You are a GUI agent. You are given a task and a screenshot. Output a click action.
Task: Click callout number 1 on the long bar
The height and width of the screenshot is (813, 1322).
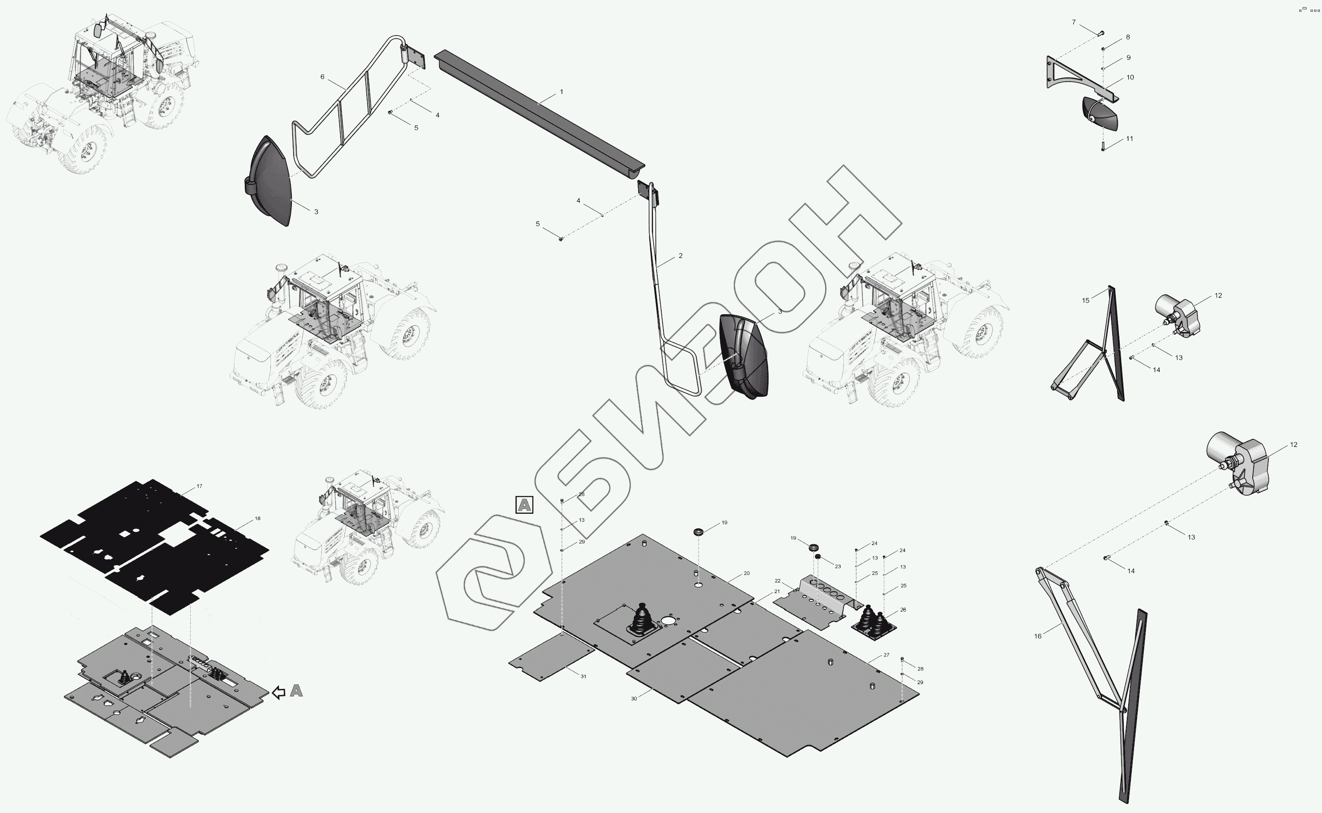[561, 92]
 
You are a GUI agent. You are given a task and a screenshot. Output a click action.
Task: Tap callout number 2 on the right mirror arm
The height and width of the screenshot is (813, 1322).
[680, 256]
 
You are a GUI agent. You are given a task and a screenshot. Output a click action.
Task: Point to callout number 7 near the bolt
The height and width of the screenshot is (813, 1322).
[1074, 23]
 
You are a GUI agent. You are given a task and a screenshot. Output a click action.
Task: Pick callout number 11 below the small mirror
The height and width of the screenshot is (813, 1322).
[1130, 139]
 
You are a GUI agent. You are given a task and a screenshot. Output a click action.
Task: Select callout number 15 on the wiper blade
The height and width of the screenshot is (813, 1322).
[1085, 301]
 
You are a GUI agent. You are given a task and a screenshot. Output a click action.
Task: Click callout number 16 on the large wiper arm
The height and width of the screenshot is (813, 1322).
[1037, 636]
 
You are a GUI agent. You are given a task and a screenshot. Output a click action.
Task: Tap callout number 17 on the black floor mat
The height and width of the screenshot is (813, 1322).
[200, 486]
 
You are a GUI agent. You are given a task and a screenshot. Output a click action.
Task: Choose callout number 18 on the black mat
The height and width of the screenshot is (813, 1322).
[258, 518]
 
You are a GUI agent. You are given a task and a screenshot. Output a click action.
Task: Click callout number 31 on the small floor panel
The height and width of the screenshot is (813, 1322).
[583, 676]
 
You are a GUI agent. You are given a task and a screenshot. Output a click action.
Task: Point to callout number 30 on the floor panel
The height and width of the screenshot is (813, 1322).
[634, 699]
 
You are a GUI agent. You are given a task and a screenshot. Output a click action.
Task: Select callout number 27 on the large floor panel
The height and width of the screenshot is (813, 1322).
[887, 655]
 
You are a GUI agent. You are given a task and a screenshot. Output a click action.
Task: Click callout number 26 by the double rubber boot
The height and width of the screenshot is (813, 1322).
[903, 610]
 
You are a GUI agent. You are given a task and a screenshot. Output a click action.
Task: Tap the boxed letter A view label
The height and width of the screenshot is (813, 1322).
[524, 505]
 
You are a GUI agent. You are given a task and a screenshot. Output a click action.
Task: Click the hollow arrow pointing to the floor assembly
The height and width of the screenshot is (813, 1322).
[279, 692]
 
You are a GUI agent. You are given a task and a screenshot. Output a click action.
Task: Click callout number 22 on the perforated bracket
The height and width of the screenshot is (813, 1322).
[777, 581]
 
